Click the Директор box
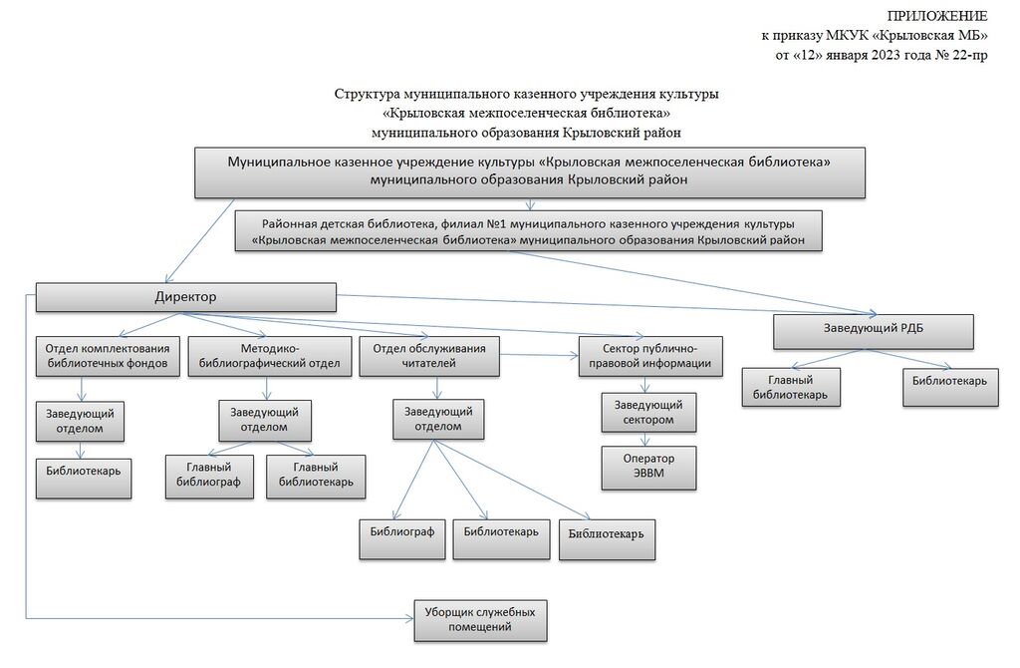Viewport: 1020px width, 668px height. (x=185, y=297)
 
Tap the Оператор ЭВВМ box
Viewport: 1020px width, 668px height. (x=648, y=467)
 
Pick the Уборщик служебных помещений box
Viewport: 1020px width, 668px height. (x=480, y=619)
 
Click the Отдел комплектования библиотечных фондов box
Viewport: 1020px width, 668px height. (x=109, y=356)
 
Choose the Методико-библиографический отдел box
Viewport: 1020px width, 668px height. (x=270, y=356)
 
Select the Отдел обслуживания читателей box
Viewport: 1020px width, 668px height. (x=429, y=356)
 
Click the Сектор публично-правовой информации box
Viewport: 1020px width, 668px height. (x=649, y=356)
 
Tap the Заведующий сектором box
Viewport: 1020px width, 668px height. (x=648, y=412)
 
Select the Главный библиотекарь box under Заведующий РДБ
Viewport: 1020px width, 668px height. (x=790, y=388)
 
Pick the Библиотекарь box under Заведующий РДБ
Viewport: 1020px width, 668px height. (x=950, y=388)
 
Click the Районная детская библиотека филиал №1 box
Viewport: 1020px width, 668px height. (x=529, y=229)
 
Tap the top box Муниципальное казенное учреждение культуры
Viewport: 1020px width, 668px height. (x=530, y=171)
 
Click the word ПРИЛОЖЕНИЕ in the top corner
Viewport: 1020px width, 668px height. (x=937, y=16)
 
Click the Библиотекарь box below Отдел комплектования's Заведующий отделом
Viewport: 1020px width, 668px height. (x=84, y=478)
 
